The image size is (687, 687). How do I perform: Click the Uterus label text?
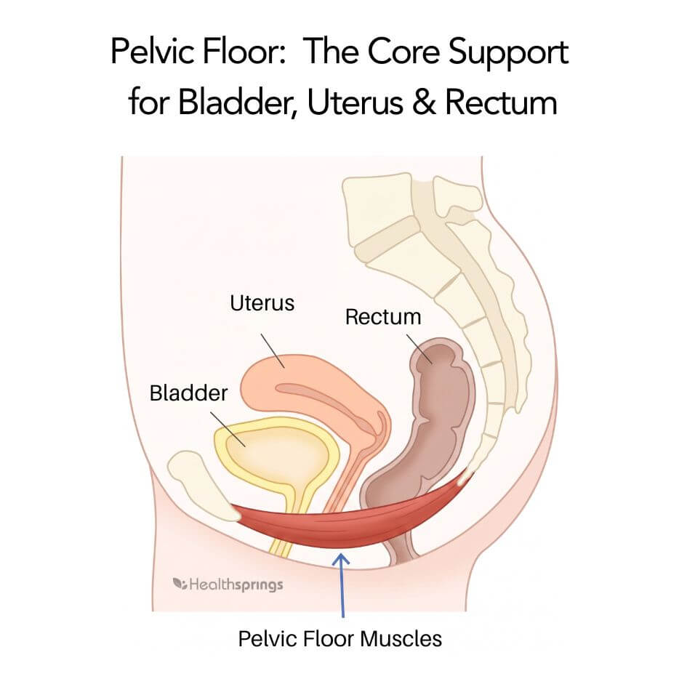point(262,303)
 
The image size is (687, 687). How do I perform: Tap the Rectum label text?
point(383,317)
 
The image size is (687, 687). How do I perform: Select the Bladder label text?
point(188,393)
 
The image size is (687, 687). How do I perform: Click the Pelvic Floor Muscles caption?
point(340,639)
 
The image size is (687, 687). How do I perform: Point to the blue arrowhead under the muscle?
point(341,559)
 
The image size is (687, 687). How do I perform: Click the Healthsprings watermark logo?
point(228,585)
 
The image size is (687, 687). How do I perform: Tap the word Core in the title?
point(403,52)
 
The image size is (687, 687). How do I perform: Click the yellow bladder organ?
point(277,456)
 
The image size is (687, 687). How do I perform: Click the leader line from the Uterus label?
point(273,350)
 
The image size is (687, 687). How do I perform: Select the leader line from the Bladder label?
point(228,429)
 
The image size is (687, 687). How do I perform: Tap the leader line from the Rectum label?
point(419,349)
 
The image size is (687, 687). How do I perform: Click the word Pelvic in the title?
point(153,52)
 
